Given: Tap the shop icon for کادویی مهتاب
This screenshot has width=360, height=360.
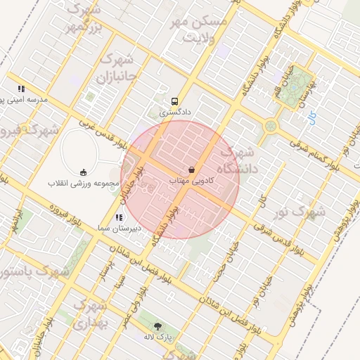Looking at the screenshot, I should click(x=191, y=170).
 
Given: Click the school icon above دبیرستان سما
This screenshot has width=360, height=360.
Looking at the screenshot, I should click(x=119, y=218).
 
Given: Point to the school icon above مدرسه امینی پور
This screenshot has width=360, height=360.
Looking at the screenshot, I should click(x=21, y=89).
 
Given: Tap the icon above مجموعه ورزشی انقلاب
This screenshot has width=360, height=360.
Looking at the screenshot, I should click(x=83, y=172).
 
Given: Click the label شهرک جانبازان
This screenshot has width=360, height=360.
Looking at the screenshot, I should click(x=122, y=64).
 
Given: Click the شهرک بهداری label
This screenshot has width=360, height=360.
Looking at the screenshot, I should click(x=89, y=314).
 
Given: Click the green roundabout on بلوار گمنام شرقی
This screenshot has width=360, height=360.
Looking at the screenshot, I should click(x=271, y=127).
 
